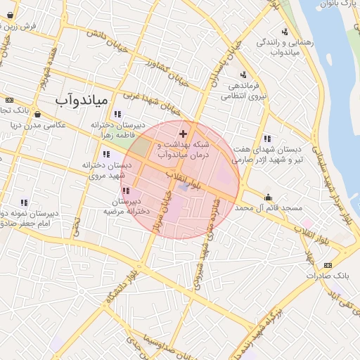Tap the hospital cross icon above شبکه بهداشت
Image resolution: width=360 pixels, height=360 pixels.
click(183, 134)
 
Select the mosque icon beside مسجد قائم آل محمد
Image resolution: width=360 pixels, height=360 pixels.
click(268, 197)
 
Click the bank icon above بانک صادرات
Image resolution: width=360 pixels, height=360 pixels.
click(327, 265)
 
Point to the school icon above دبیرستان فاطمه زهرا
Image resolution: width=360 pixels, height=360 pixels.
click(117, 114)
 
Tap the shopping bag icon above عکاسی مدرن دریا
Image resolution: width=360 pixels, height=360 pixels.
click(37, 114)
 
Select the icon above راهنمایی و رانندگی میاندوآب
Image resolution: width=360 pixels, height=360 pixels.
click(285, 32)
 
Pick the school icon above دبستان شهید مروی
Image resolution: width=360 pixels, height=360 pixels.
click(106, 154)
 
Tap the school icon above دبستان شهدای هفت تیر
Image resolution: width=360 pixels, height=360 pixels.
click(266, 139)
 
